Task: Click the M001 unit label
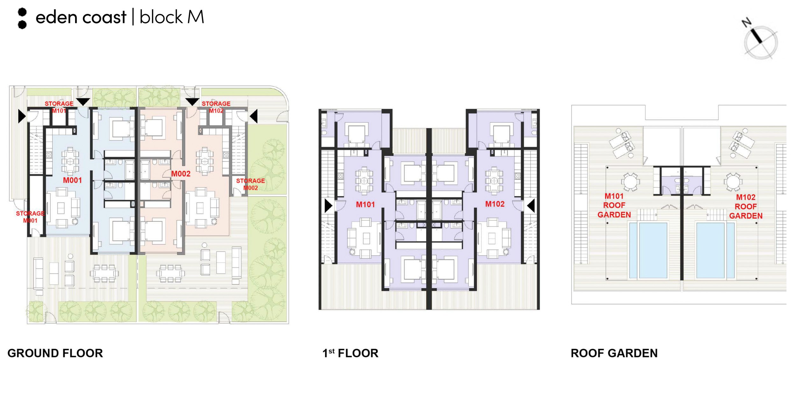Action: coord(72,180)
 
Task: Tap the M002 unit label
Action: coord(181,174)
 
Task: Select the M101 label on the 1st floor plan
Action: coord(365,204)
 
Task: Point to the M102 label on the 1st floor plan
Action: coord(495,204)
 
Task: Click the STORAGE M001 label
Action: coord(30,217)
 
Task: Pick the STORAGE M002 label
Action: coord(250,184)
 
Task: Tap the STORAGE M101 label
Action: coord(59,107)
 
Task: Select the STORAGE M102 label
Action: coord(216,107)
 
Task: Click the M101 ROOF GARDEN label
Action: coord(614,205)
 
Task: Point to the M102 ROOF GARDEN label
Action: coord(746,206)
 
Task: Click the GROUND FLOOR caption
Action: coord(55,353)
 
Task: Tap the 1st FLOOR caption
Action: coord(350,353)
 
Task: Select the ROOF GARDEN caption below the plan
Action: coord(614,353)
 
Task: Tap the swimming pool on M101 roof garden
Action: coord(648,251)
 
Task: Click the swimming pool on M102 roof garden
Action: coord(715,251)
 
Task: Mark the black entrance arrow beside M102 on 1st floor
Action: coord(531,206)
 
